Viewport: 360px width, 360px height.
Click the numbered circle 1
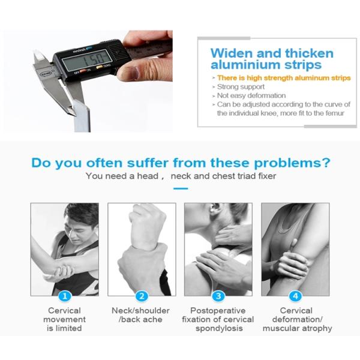[65, 296]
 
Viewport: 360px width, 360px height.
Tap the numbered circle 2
[142, 296]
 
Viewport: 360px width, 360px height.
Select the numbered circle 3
[218, 296]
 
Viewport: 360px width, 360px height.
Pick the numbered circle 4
[295, 296]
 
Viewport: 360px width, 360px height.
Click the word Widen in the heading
[232, 53]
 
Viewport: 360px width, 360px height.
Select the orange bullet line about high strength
[284, 78]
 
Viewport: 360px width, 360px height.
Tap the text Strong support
[241, 87]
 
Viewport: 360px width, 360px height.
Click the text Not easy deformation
[251, 95]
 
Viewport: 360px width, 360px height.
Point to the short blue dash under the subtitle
[181, 188]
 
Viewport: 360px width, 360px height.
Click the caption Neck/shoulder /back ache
[140, 315]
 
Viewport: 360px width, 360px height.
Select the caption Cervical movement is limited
[64, 319]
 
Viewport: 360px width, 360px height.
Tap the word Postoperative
[218, 311]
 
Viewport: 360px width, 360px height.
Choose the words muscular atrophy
[298, 328]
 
